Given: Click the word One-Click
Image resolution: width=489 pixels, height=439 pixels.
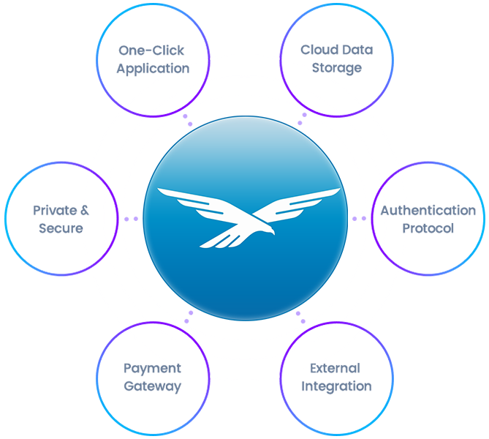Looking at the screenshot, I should (x=152, y=51).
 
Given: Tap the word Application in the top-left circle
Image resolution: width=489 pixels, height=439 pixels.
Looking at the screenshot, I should (x=152, y=69).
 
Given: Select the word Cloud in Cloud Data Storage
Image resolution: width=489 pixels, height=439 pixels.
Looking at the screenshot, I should (x=316, y=50).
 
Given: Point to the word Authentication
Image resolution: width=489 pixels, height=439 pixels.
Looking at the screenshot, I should (x=428, y=211).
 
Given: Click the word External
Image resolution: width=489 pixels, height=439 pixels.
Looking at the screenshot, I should (x=334, y=368).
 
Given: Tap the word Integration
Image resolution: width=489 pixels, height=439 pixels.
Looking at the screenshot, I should (x=336, y=386).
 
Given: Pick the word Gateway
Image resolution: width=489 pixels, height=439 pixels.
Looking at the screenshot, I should (x=152, y=386).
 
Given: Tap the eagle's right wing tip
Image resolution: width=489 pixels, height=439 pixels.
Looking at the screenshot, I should (x=338, y=192).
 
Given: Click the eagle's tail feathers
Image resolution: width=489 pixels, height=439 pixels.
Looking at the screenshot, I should (x=212, y=241).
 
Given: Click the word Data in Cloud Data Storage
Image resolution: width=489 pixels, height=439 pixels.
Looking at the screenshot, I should (x=358, y=50).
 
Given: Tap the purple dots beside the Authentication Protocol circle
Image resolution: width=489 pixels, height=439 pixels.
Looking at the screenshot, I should (x=360, y=218).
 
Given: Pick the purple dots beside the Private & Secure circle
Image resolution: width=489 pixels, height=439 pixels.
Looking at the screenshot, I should (x=132, y=219).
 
